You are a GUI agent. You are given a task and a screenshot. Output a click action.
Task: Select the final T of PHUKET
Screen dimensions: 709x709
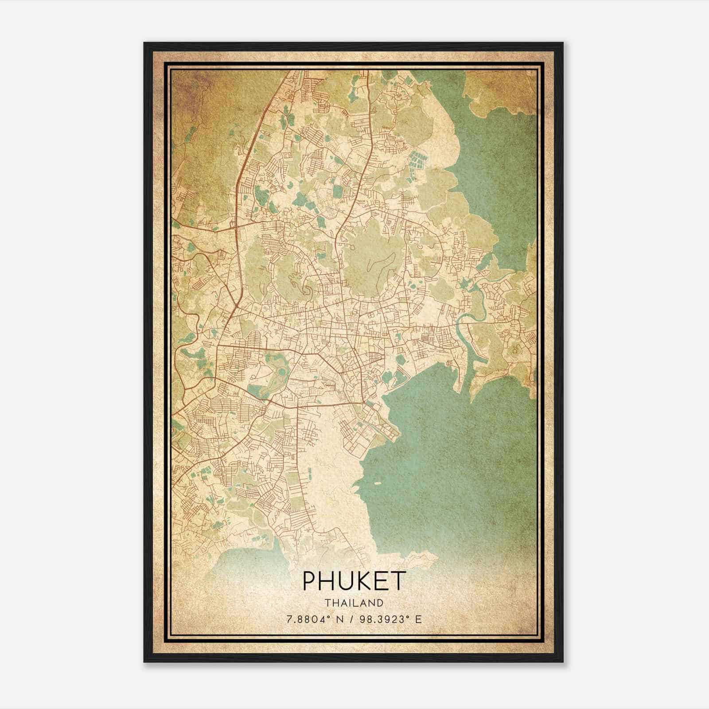(398, 580)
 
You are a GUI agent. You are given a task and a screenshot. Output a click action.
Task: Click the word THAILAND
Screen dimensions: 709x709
(354, 603)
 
